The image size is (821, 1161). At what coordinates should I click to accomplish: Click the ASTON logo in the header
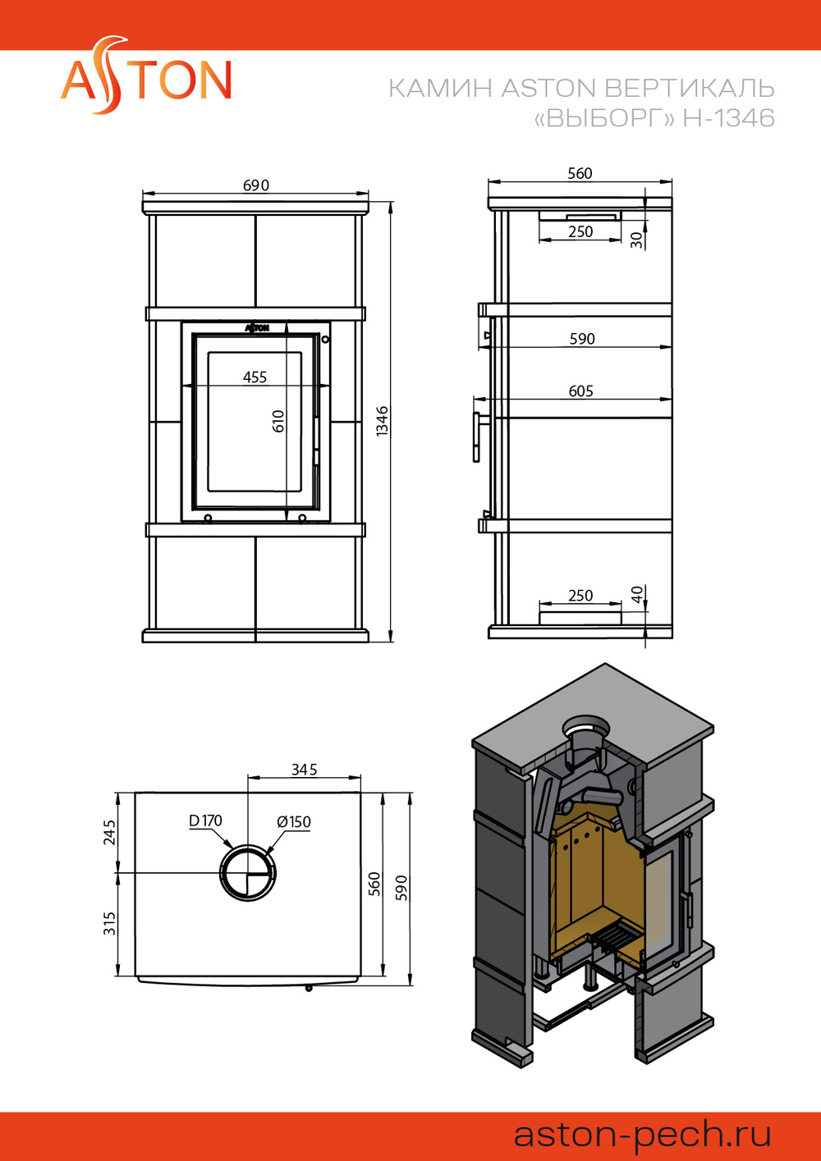(x=146, y=75)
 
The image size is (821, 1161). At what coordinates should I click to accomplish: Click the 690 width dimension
(x=256, y=185)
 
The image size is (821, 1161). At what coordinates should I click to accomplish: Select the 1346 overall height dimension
(x=383, y=421)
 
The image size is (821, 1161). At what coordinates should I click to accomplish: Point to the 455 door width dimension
(x=255, y=377)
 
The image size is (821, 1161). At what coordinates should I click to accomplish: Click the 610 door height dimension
(x=278, y=422)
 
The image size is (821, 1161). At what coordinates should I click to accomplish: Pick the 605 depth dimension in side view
(x=581, y=391)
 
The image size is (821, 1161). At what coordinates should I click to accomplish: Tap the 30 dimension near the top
(x=635, y=240)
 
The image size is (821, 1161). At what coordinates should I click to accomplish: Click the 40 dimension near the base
(x=637, y=593)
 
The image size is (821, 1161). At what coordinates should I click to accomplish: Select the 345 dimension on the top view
(x=304, y=770)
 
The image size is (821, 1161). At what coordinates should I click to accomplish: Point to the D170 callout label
(x=205, y=820)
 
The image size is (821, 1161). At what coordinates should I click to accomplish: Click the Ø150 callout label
(x=294, y=821)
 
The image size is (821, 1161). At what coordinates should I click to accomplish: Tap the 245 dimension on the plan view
(x=109, y=833)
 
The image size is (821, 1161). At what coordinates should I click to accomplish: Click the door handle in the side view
(x=476, y=437)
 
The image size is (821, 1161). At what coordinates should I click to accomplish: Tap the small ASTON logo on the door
(x=257, y=327)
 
